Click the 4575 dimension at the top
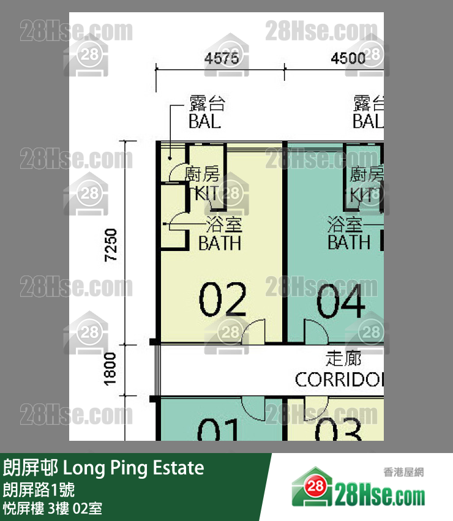(219, 59)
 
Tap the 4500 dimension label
(348, 59)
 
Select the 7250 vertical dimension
(110, 246)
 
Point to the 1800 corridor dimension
(110, 370)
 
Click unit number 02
(223, 300)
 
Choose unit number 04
(340, 302)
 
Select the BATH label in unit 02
(220, 243)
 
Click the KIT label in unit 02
(205, 194)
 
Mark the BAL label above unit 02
(204, 121)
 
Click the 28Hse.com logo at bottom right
(358, 490)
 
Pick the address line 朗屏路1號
(40, 490)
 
